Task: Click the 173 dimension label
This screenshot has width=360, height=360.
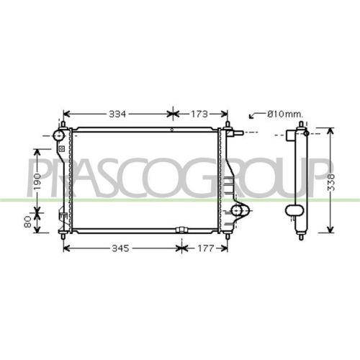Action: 199,114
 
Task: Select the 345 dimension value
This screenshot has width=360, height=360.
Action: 120,248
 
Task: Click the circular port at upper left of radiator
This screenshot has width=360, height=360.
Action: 58,136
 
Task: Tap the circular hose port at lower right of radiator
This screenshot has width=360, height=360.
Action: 240,211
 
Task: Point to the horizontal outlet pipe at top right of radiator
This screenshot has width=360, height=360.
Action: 238,134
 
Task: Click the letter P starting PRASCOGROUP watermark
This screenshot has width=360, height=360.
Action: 32,176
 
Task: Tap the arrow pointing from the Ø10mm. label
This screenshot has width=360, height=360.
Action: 253,115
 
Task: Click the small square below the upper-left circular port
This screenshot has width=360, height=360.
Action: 61,149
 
